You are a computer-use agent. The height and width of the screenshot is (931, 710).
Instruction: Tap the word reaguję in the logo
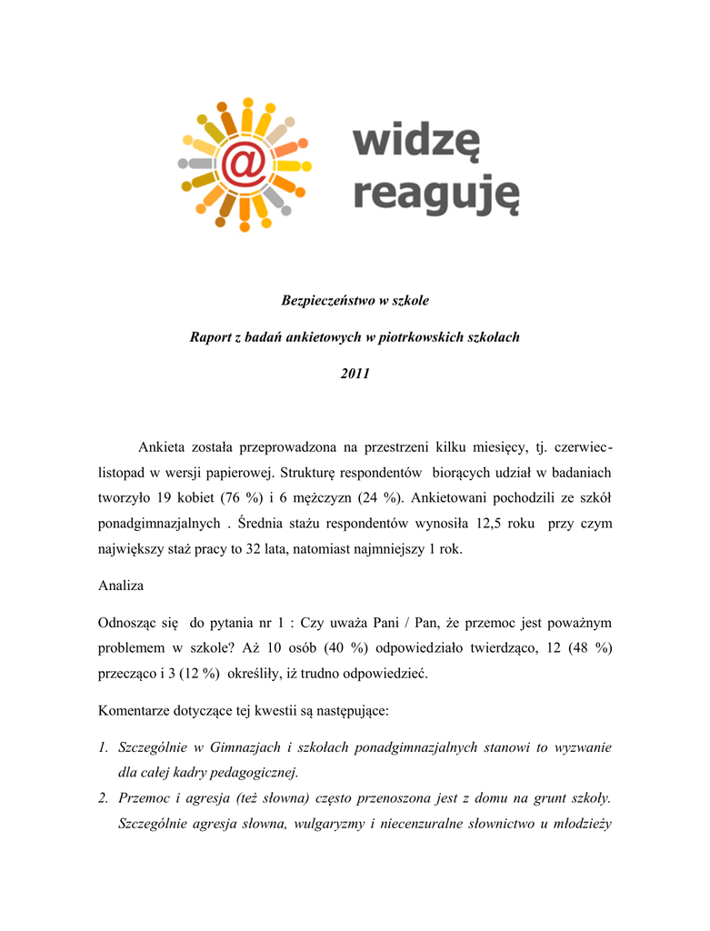[435, 194]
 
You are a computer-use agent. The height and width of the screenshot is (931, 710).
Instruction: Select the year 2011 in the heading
[355, 375]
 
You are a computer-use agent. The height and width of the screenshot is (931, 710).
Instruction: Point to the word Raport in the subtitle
[211, 337]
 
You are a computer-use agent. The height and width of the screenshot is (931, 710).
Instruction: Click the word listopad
[123, 473]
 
